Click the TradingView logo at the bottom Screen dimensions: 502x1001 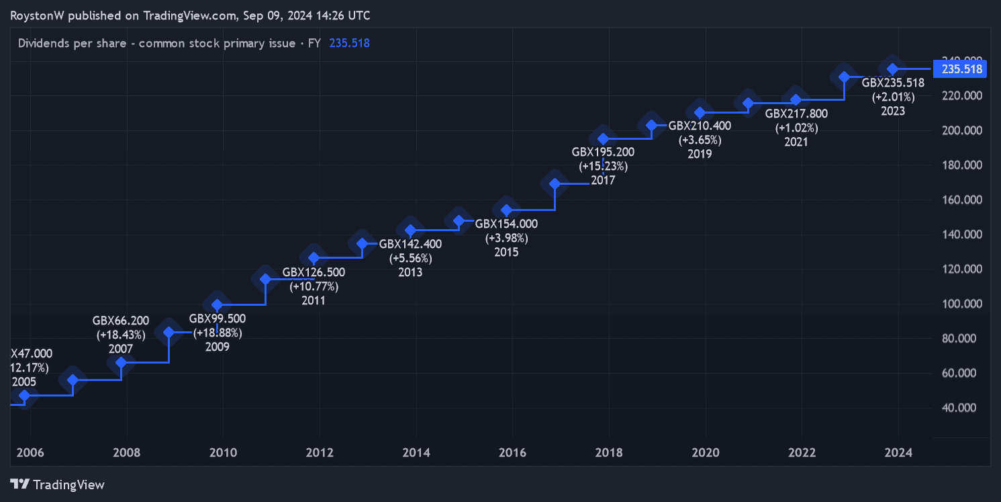tap(58, 485)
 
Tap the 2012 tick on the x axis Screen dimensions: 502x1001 tap(319, 453)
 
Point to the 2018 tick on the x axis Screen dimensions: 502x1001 tap(608, 453)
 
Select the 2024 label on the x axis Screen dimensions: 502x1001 tap(898, 453)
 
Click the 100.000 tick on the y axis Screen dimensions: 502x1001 tap(962, 304)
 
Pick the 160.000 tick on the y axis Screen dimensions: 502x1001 tap(962, 200)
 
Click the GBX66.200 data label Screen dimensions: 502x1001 tap(121, 320)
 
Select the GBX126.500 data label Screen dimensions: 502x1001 tap(314, 272)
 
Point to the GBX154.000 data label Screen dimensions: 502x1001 tap(506, 224)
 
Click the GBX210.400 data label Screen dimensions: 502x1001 tap(700, 126)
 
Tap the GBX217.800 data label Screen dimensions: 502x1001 tap(796, 114)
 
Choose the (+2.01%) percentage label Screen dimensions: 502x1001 tap(893, 97)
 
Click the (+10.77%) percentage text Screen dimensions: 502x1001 tap(314, 286)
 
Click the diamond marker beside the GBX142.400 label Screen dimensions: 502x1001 tap(411, 231)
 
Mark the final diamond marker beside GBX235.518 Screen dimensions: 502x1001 tap(892, 69)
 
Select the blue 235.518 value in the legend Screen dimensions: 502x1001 tap(349, 44)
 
